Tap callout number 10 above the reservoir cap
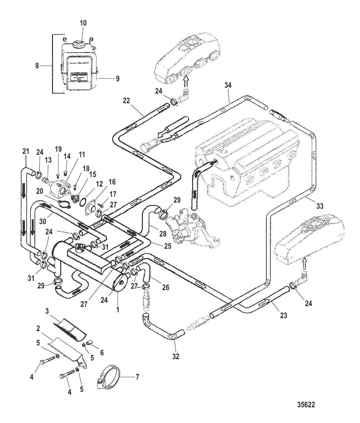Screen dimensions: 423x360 [83, 23]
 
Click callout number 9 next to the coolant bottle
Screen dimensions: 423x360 [117, 78]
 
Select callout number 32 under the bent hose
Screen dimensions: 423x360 [176, 356]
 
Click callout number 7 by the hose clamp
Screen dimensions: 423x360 [137, 377]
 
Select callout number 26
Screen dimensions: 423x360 [165, 287]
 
